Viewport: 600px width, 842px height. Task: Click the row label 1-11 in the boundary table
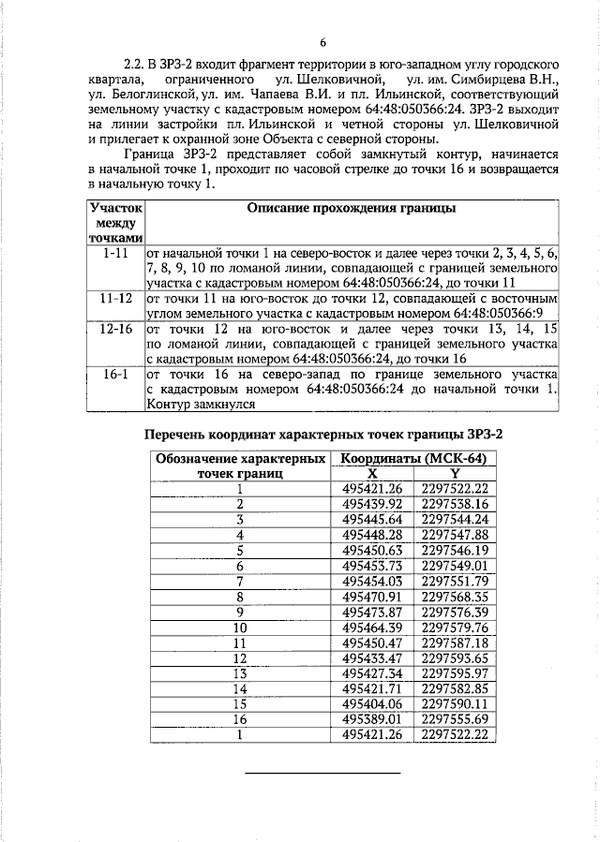pyautogui.click(x=116, y=253)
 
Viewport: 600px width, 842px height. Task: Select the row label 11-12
pyautogui.click(x=116, y=297)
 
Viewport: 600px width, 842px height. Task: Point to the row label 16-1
pyautogui.click(x=116, y=372)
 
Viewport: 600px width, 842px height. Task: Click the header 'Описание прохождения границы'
pyautogui.click(x=352, y=207)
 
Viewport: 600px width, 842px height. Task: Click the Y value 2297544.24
pyautogui.click(x=456, y=519)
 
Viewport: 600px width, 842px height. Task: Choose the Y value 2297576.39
pyautogui.click(x=456, y=611)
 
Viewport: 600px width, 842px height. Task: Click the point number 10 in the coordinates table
pyautogui.click(x=240, y=627)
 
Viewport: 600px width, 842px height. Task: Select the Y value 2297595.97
pyautogui.click(x=456, y=672)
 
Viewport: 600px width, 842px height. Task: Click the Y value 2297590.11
pyautogui.click(x=456, y=703)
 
